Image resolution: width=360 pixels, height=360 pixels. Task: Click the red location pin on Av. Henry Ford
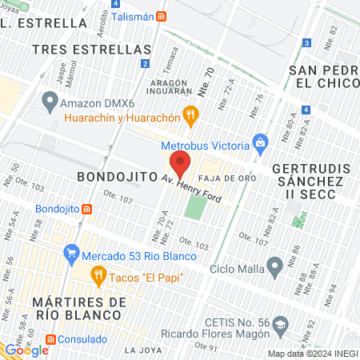click(181, 163)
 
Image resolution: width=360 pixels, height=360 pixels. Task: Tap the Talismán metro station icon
click(162, 16)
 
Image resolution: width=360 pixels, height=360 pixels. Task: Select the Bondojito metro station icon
click(86, 209)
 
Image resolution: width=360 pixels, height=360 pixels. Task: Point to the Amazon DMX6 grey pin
click(50, 102)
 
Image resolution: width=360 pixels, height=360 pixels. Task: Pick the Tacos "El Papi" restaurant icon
click(98, 277)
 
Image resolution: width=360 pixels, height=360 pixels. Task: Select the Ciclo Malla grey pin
click(274, 265)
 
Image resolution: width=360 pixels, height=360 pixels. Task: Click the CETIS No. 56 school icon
click(280, 325)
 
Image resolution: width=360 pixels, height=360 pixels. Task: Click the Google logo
click(26, 350)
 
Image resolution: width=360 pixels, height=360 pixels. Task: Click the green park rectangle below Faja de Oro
click(194, 206)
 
